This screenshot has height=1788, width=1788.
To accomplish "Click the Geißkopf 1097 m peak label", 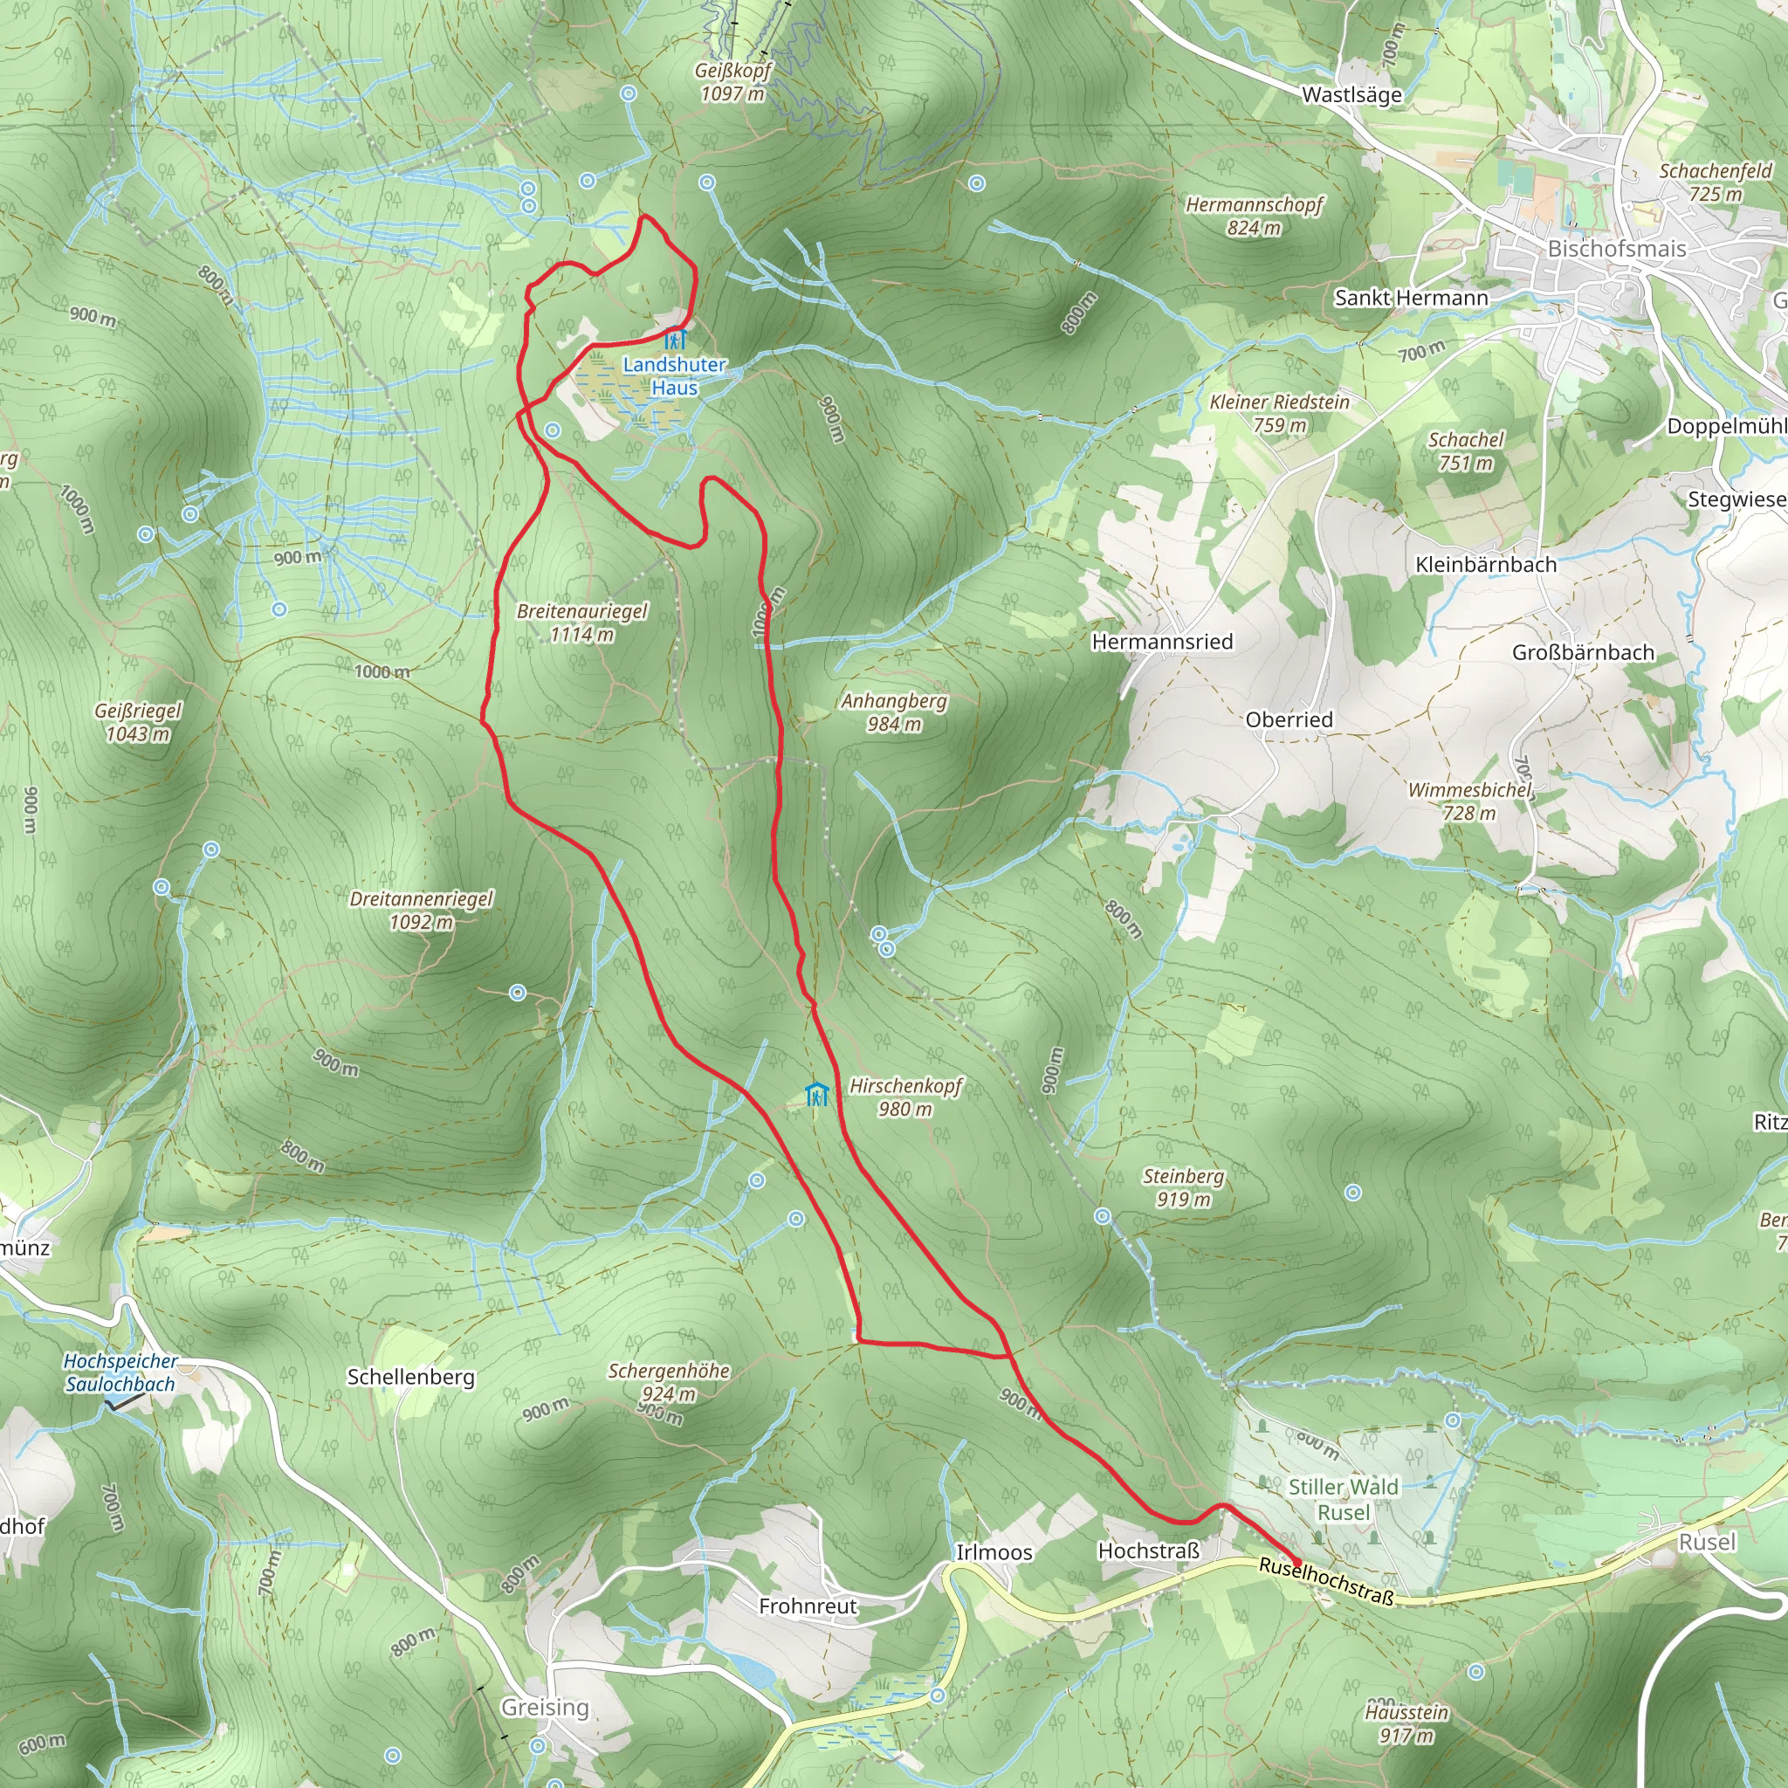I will coord(733,81).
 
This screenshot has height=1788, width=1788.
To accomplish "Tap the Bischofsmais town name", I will coord(1617,249).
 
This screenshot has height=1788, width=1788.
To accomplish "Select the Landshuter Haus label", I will coord(674,375).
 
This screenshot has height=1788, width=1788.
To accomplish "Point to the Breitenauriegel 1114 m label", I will coord(582,622).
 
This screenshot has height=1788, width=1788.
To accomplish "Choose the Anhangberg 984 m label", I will coord(894,712).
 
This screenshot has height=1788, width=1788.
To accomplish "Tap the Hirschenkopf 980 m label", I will coord(906,1097).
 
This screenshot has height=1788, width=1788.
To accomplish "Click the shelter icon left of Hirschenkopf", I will coord(816,1095).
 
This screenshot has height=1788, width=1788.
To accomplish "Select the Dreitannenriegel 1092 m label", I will coord(421,911).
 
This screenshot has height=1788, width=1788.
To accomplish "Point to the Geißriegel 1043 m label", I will coord(138,723).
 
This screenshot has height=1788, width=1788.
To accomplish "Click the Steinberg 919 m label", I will coord(1183,1187).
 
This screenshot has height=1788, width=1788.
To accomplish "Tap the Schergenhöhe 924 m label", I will coord(668,1383).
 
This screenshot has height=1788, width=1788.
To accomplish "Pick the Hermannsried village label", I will coord(1162,643).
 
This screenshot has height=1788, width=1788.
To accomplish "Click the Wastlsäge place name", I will coord(1351,95).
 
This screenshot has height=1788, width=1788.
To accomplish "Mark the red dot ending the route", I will coord(1296,1563).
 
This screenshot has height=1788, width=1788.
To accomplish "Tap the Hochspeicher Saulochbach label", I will coord(120,1372).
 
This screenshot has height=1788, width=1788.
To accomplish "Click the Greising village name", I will coord(545,1708).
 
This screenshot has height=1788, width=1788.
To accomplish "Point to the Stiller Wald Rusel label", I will coord(1343,1499).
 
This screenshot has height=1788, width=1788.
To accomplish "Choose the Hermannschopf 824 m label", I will coord(1254,216).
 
